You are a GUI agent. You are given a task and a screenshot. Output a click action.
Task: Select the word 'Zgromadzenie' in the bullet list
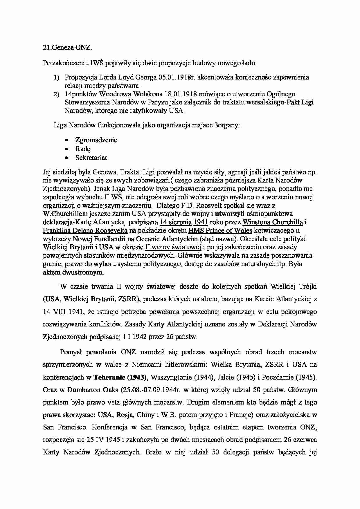pos(96,140)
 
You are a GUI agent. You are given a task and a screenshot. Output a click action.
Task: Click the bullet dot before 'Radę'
pos(66,149)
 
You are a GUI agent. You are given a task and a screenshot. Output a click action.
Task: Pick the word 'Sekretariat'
pos(91,158)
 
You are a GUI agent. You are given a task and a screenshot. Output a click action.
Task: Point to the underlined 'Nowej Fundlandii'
pos(99,239)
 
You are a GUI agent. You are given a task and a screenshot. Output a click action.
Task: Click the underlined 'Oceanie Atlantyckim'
pos(167,239)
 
